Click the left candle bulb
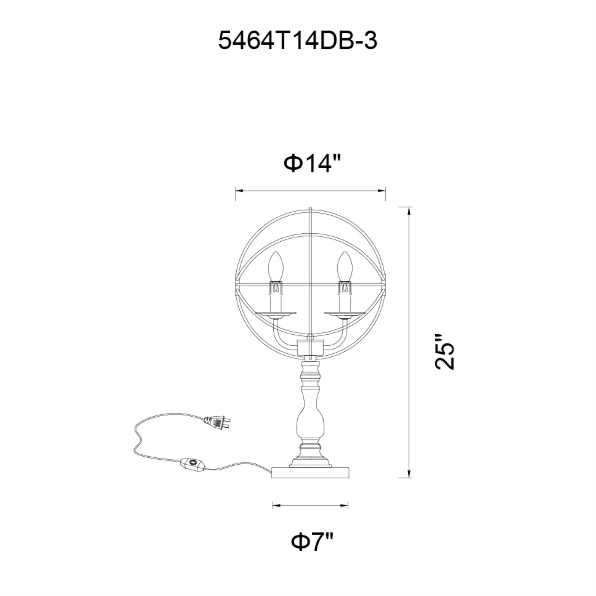[x=275, y=266]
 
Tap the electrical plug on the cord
[x=217, y=422]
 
